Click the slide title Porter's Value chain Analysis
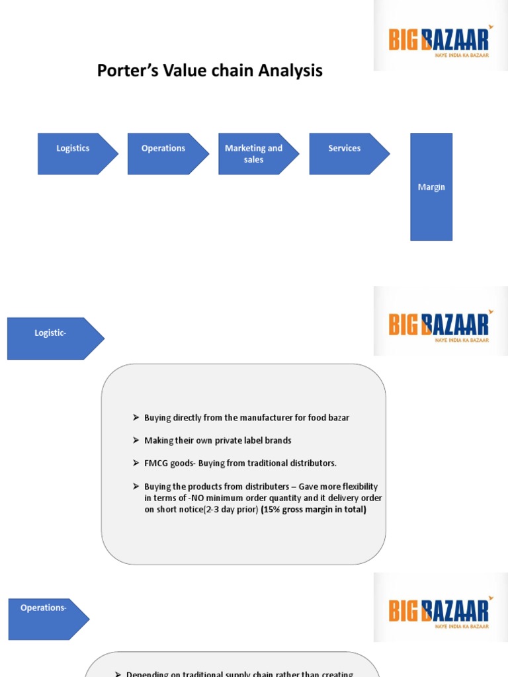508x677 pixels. coord(210,71)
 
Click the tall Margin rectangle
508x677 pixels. coord(431,187)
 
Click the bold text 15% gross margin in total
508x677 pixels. coord(314,510)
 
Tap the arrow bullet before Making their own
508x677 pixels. coord(136,440)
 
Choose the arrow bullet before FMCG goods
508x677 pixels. coord(136,463)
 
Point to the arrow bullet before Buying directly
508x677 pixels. coord(136,418)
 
